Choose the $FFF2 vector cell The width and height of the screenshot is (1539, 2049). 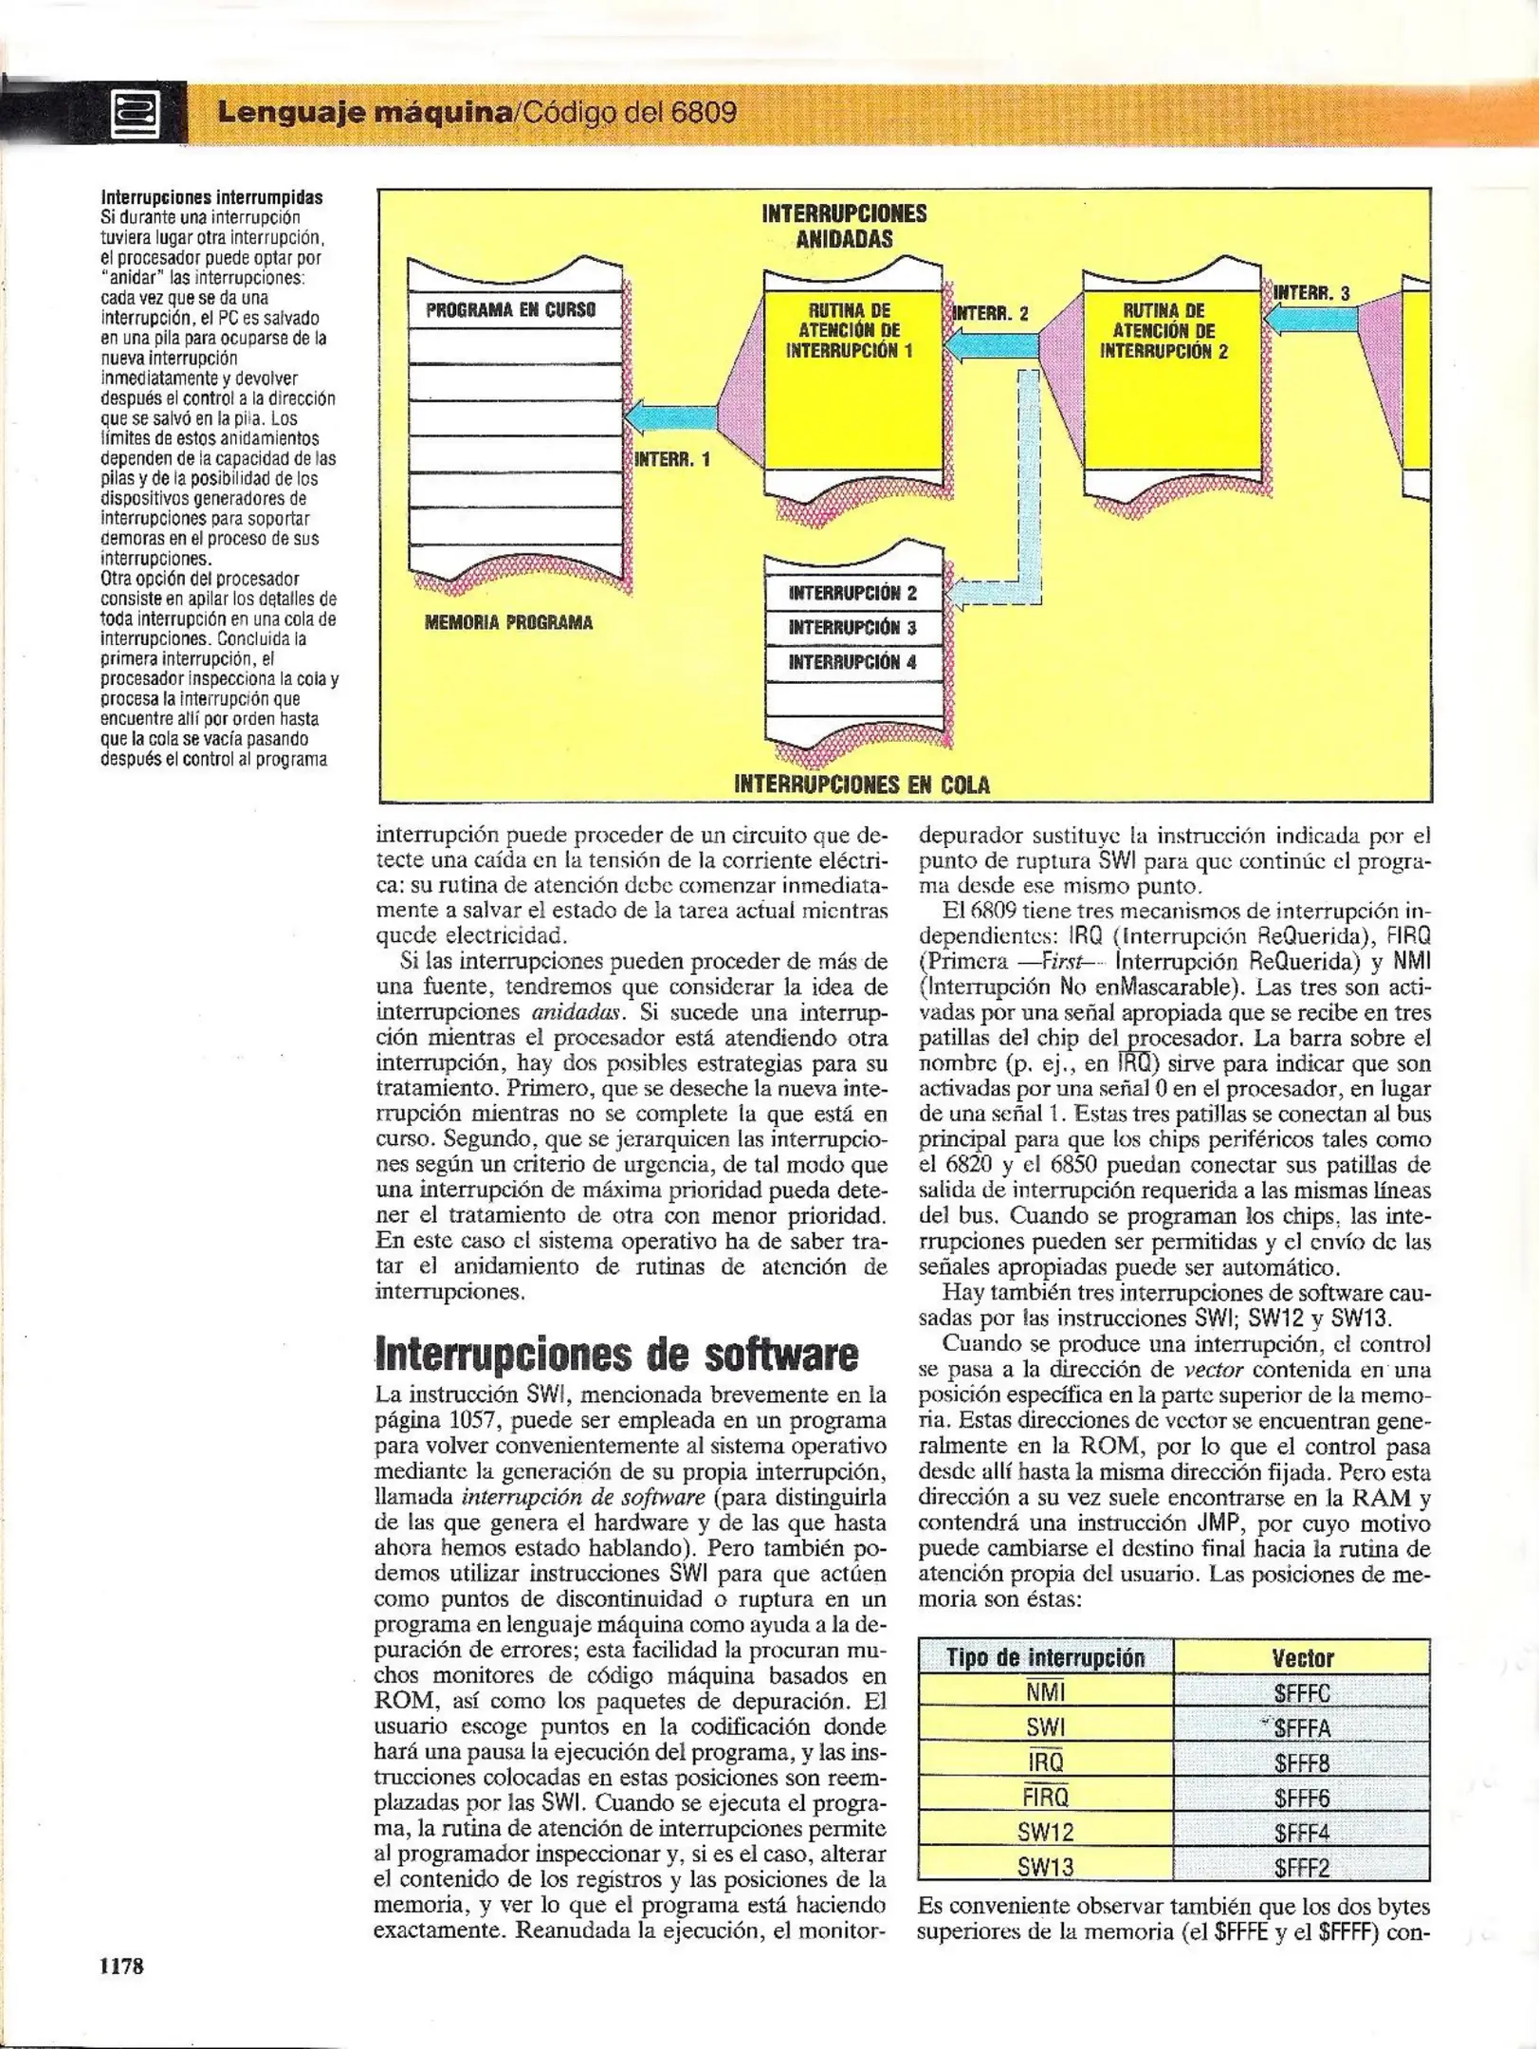point(1301,1868)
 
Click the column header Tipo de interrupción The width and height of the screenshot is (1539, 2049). point(1045,1658)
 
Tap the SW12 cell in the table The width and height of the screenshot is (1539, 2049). point(1045,1833)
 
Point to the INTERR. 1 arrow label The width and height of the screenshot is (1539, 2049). point(671,460)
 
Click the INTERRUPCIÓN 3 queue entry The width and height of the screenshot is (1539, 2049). point(852,628)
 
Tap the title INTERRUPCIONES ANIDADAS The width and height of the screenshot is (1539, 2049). point(844,226)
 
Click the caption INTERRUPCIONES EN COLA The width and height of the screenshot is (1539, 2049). point(861,785)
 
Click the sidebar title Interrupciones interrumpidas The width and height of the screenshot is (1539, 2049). point(211,198)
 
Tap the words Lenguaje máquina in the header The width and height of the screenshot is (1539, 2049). point(364,113)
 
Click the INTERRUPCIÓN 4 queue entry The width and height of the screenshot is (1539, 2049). point(852,663)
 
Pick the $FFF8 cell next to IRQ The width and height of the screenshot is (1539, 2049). point(1301,1763)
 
